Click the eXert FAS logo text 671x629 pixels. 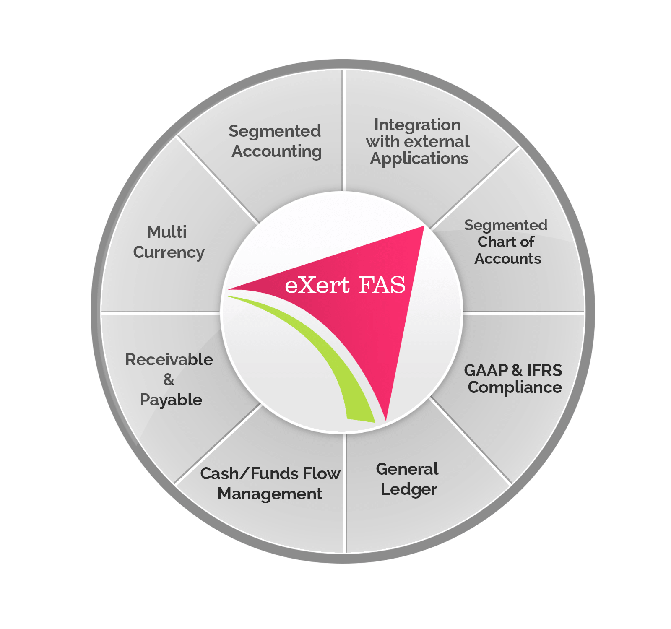click(345, 285)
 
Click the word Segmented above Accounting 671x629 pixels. click(275, 131)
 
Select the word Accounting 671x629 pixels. click(277, 151)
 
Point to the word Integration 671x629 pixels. click(417, 125)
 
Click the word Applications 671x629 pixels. click(419, 159)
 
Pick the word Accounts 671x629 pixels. click(508, 259)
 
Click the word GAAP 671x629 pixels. click(486, 370)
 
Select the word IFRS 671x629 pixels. click(544, 370)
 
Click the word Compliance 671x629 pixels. click(515, 387)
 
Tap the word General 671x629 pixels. click(407, 469)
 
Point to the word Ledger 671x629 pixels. click(409, 489)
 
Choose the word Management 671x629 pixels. click(270, 494)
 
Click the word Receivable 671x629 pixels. click(169, 360)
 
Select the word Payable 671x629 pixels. click(171, 400)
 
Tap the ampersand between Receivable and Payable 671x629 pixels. click(169, 379)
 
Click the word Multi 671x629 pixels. click(166, 232)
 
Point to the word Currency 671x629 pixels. click(169, 252)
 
